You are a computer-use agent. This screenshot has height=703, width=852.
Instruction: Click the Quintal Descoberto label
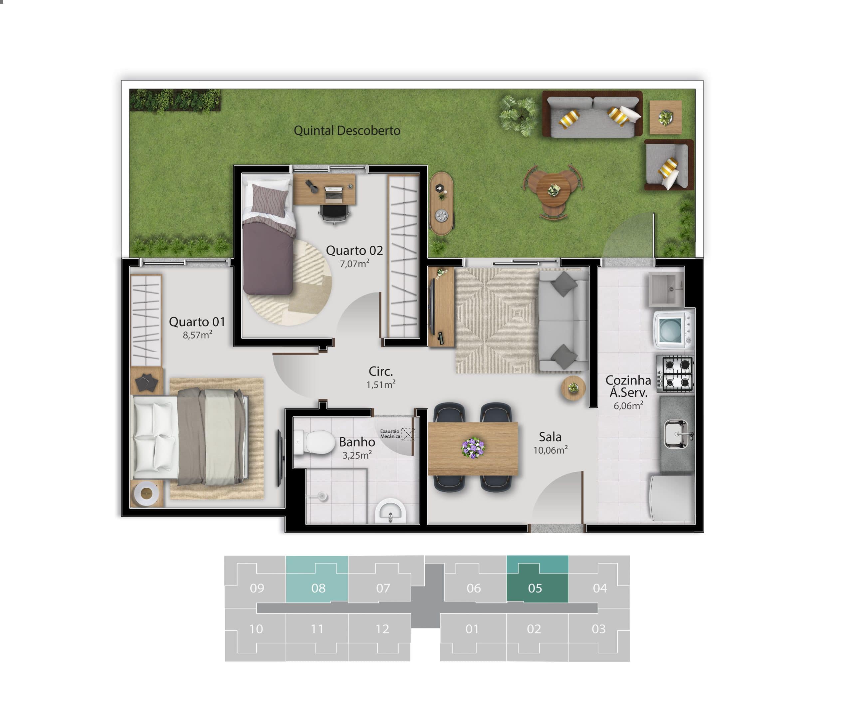(347, 130)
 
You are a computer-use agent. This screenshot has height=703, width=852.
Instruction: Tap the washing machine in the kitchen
(673, 330)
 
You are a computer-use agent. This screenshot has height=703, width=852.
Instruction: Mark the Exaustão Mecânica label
(389, 434)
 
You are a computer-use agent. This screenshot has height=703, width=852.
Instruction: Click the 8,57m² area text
(197, 335)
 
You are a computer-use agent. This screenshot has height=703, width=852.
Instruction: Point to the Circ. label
(380, 371)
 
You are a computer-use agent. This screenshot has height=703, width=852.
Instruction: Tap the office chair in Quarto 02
(334, 213)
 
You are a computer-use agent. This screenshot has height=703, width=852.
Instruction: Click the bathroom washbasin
(390, 512)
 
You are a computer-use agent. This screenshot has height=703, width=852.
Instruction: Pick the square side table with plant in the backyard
(665, 117)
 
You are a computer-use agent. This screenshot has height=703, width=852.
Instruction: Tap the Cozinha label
(628, 380)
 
